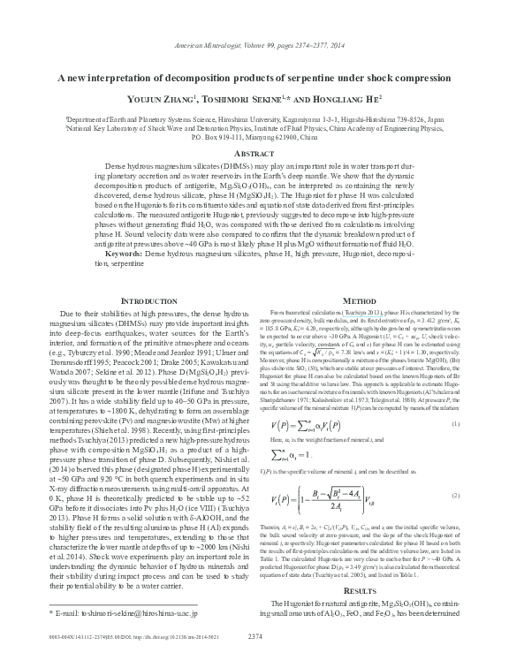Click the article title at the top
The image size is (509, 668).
point(254,78)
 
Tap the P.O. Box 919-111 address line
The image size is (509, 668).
point(254,138)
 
